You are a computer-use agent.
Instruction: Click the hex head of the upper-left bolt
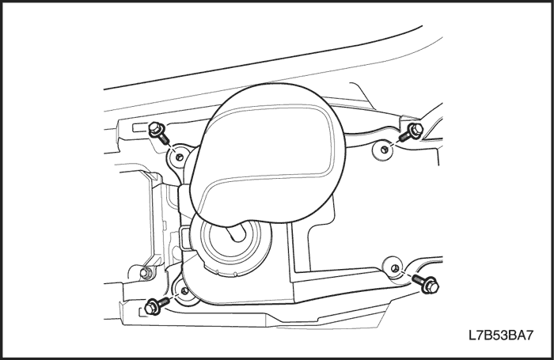[x=155, y=128]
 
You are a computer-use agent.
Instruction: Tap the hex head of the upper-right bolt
[x=415, y=129]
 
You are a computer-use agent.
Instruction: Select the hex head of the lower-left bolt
[x=152, y=307]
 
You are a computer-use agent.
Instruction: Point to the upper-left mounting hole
[x=180, y=156]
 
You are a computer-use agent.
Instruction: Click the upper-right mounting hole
[x=385, y=150]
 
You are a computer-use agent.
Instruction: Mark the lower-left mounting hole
[x=184, y=290]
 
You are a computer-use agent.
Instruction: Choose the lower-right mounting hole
[x=396, y=268]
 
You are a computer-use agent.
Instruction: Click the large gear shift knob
[x=266, y=155]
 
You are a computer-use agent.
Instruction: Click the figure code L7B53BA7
[x=501, y=335]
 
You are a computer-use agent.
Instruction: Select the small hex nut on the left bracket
[x=145, y=272]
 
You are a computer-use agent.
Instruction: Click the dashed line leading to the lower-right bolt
[x=405, y=274]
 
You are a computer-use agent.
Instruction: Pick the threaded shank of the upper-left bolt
[x=163, y=138]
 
